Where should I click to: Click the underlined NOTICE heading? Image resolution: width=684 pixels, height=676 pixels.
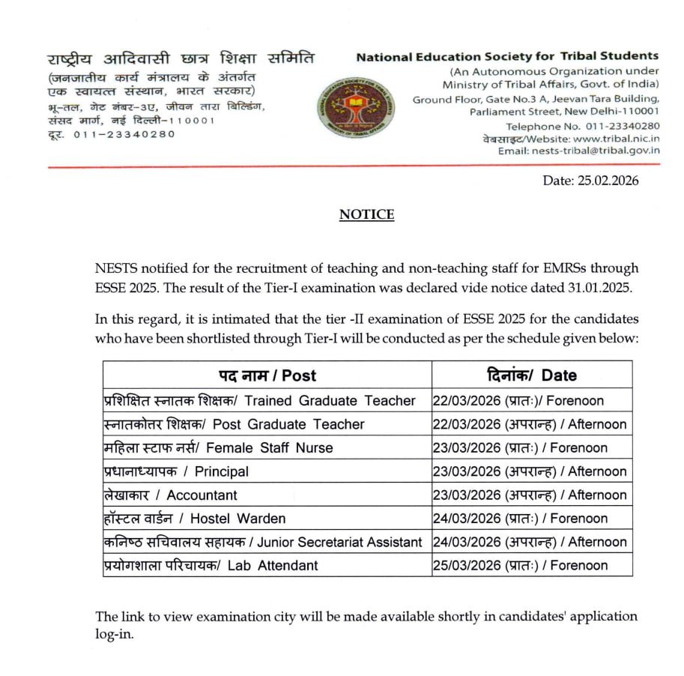[366, 214]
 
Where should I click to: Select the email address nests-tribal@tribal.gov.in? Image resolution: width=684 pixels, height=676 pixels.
[596, 150]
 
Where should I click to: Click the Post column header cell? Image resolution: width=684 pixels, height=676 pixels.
[267, 375]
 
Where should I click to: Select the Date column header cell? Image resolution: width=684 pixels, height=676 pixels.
[532, 375]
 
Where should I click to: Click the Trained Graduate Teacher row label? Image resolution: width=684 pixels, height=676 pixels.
[259, 400]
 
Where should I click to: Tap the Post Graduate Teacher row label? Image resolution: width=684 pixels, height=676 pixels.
[234, 424]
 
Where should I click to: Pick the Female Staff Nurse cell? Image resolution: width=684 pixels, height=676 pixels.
[218, 448]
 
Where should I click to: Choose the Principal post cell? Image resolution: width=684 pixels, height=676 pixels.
[176, 471]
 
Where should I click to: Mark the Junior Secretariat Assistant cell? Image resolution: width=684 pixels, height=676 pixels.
[263, 542]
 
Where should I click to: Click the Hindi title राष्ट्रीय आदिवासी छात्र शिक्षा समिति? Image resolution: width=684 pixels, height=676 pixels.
[181, 59]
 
